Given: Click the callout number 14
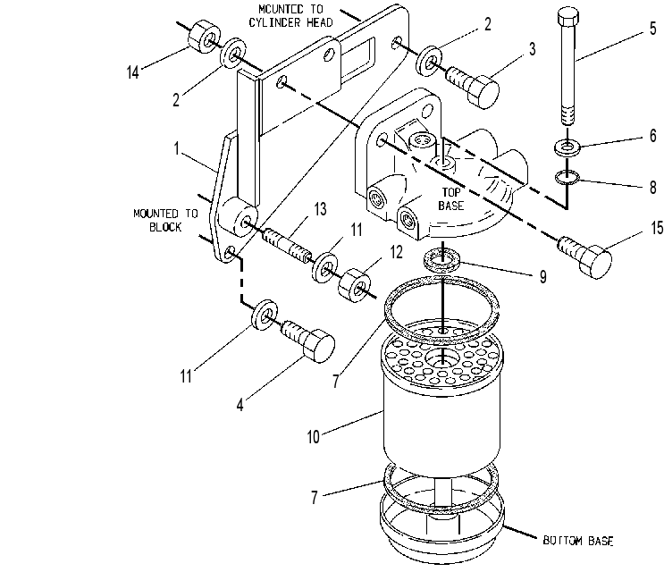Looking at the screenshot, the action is [133, 72].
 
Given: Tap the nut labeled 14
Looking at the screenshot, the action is [204, 37].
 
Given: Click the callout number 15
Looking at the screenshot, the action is [657, 228].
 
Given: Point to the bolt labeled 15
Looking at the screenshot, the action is [585, 257].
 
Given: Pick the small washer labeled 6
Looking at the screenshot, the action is [567, 147].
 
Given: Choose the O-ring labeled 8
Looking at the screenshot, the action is [567, 178].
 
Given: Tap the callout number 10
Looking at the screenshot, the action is [314, 437].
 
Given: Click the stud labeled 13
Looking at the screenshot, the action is [287, 244].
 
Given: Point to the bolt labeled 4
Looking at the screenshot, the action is [308, 341].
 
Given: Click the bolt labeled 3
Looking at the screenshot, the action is [473, 87].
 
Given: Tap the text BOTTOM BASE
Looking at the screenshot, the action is [578, 541].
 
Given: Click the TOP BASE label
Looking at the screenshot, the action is [451, 199].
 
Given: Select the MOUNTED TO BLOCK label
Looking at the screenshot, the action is [165, 220].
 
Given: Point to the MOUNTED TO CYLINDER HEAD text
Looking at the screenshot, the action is [290, 16].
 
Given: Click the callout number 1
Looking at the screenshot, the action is [177, 148].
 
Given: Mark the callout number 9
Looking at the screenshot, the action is [542, 277].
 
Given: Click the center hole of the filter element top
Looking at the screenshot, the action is [442, 359].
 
